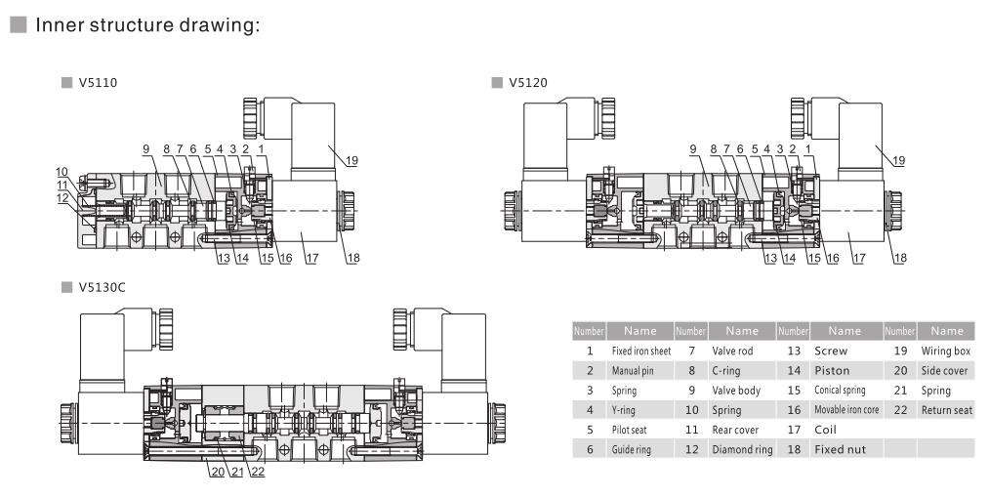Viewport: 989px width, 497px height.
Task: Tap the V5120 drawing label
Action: (526, 83)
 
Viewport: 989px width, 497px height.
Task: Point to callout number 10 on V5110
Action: (61, 172)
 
